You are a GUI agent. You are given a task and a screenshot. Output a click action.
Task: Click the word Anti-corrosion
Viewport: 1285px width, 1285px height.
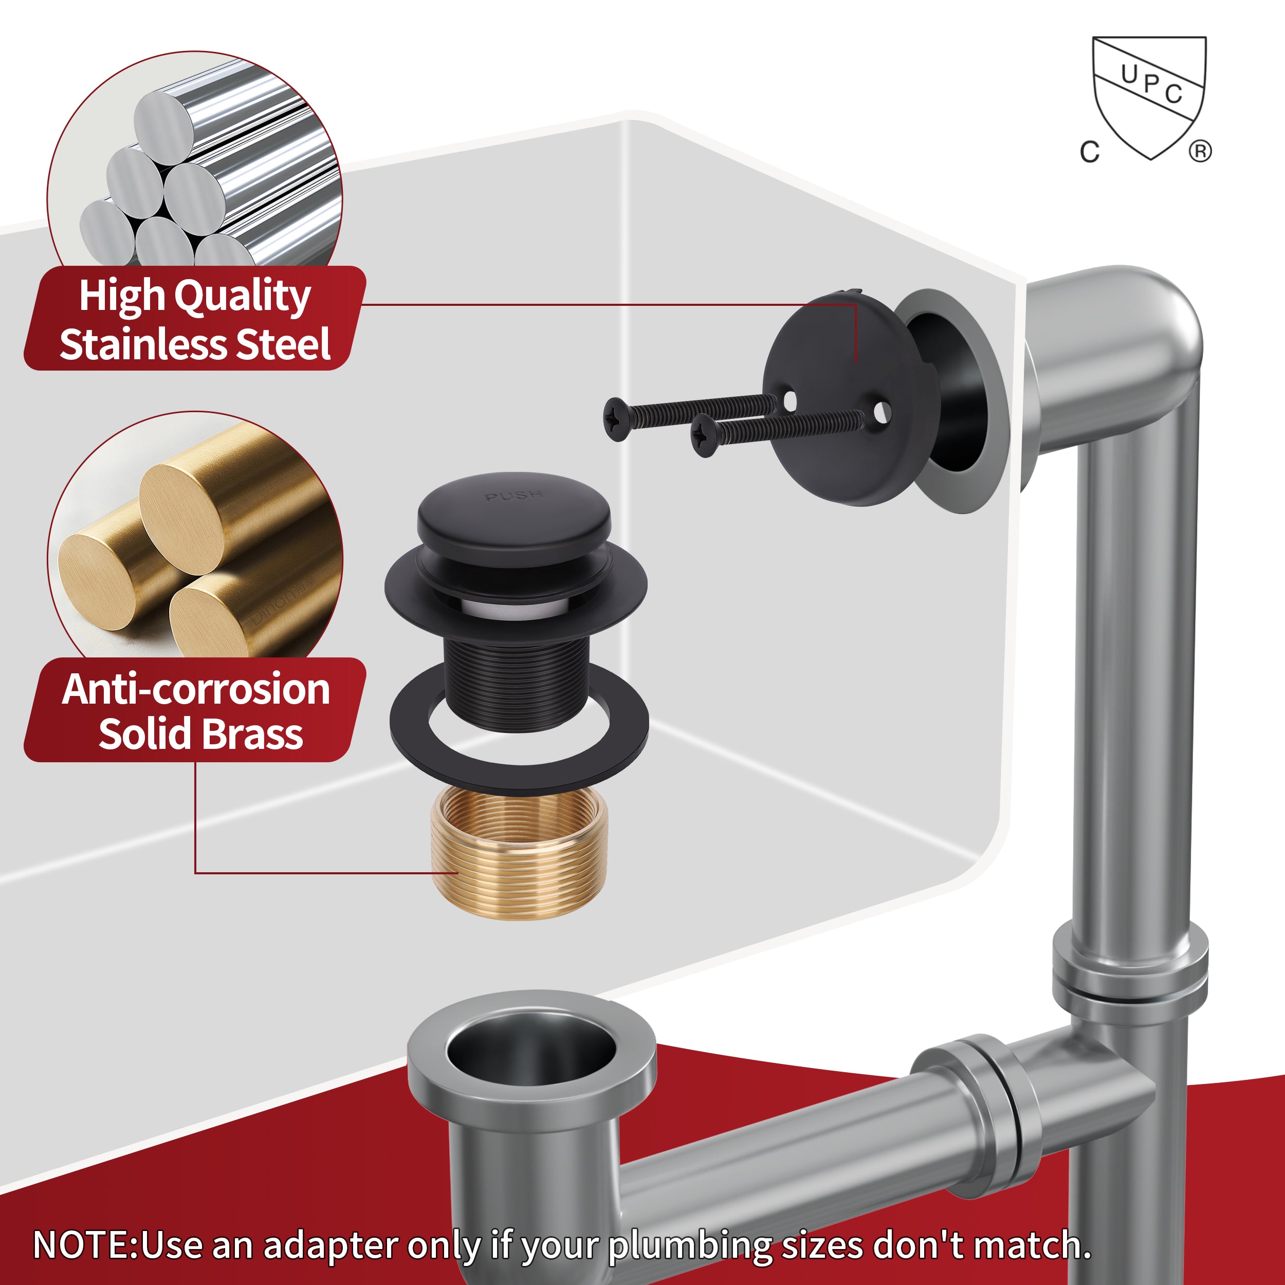tap(196, 689)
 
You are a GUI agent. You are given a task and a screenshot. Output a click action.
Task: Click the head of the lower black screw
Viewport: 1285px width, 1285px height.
tap(705, 436)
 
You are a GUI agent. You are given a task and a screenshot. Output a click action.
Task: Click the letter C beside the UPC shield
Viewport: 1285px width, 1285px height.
tap(1090, 152)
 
